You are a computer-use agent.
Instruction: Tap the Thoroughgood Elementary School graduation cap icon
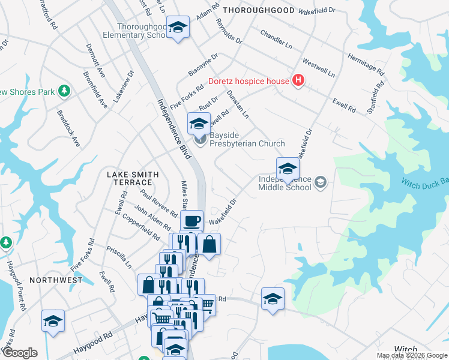pos(178,28)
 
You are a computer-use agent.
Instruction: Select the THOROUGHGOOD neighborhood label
pos(259,10)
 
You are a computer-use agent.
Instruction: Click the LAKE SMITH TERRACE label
pos(133,178)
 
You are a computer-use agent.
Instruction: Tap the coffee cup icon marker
pos(192,221)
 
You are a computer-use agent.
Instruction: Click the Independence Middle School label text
pos(285,183)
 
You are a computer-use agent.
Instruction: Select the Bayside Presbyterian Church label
pos(247,143)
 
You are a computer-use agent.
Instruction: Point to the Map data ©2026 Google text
pos(411,355)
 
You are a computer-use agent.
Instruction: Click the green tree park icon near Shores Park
pos(64,92)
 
